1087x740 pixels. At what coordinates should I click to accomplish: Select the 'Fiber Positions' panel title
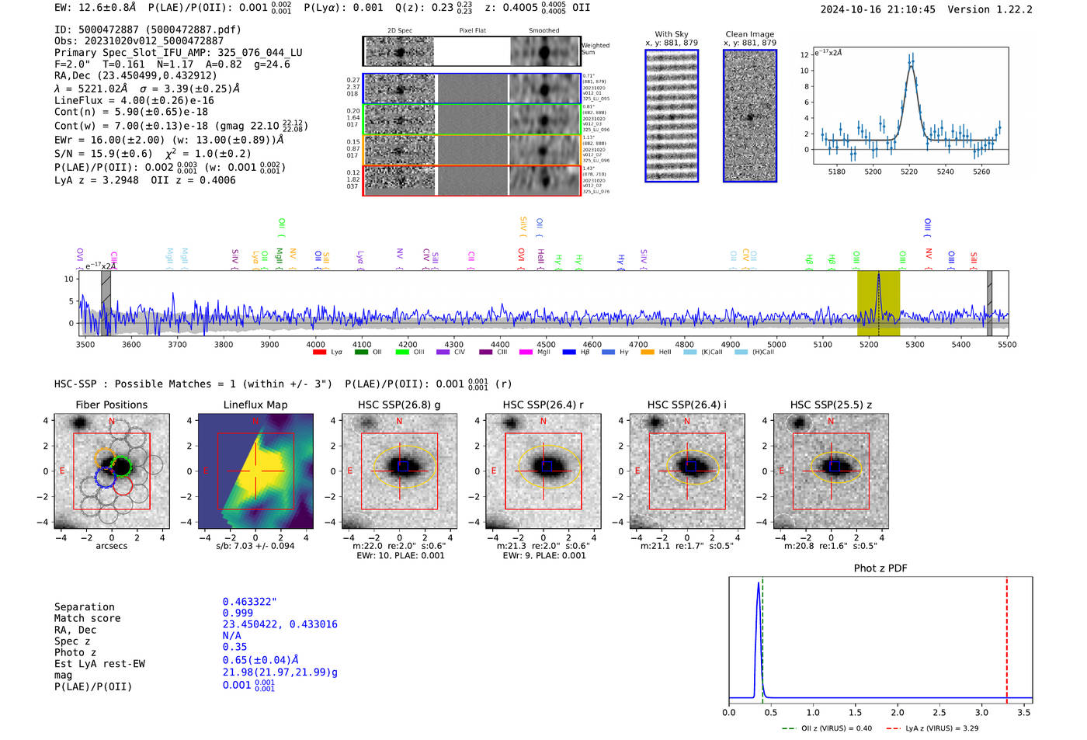[x=111, y=405]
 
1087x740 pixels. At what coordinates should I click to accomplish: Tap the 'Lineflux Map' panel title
[x=255, y=405]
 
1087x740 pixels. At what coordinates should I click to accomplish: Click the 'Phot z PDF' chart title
[x=880, y=568]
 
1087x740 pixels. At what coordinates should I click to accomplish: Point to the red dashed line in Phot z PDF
[x=1007, y=637]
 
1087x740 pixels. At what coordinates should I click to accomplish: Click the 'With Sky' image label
[x=672, y=34]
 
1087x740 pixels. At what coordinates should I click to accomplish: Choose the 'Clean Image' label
[x=749, y=34]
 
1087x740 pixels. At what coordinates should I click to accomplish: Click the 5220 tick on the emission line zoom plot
[x=909, y=172]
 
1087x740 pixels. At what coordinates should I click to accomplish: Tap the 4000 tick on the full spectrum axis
[x=315, y=344]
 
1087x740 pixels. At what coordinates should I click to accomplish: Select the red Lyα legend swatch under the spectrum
[x=319, y=352]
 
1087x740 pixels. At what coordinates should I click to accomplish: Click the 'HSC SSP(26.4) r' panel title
[x=543, y=405]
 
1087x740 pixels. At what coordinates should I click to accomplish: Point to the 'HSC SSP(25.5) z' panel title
[x=831, y=405]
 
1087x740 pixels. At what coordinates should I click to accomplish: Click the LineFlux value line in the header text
[x=134, y=100]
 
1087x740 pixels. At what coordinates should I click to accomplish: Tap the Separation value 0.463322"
[x=249, y=602]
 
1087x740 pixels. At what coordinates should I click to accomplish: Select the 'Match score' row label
[x=87, y=618]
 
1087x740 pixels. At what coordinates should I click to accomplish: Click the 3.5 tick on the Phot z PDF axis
[x=1024, y=712]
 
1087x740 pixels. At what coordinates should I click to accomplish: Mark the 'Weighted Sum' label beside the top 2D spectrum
[x=595, y=49]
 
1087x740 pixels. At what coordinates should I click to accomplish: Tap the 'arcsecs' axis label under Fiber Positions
[x=111, y=546]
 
